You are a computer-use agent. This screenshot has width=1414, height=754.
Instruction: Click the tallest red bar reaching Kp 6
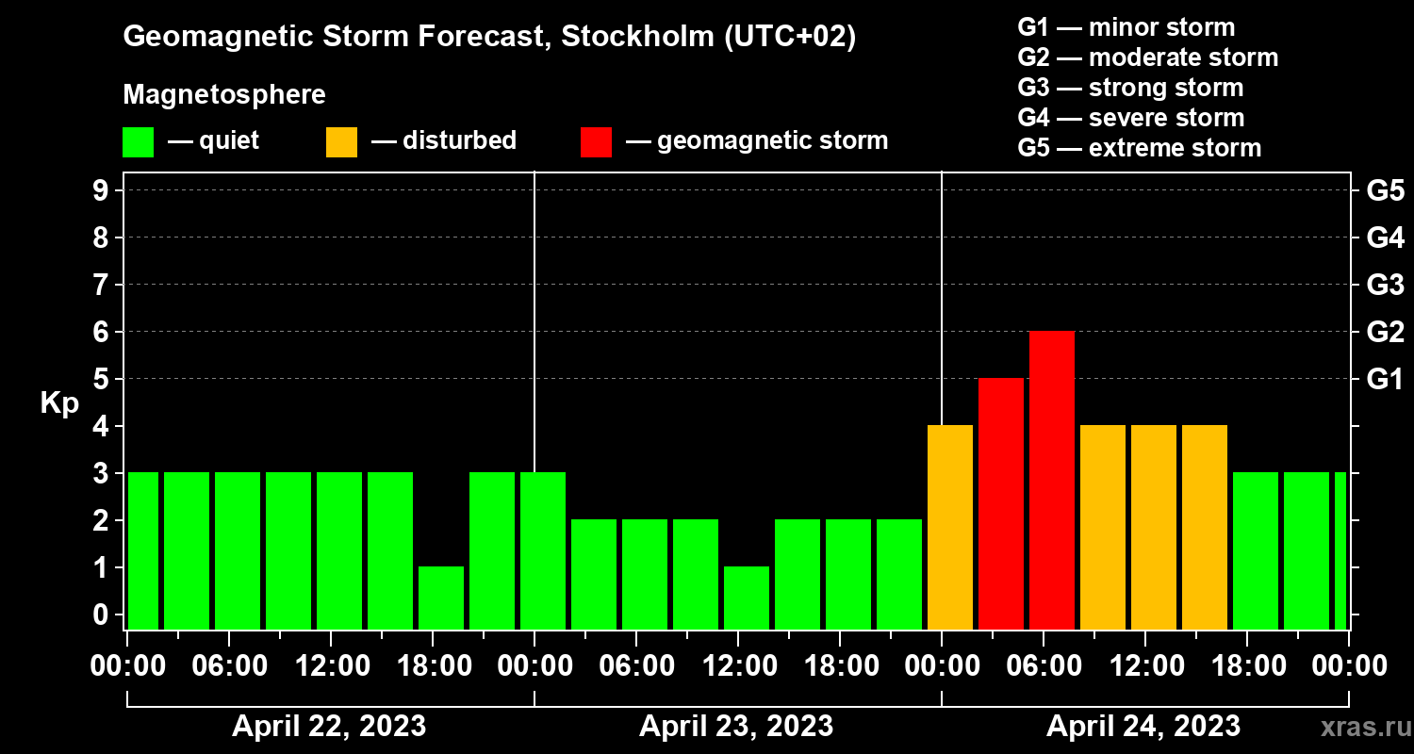(1052, 480)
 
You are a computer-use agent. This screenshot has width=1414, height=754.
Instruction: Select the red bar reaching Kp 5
(1001, 504)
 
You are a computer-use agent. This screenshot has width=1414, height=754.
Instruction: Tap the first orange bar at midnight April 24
(950, 528)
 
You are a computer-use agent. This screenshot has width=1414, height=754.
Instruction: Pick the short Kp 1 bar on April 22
(441, 598)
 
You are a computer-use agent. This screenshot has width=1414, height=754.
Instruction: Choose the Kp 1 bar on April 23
(747, 598)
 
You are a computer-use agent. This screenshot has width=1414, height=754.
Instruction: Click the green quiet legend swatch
(139, 142)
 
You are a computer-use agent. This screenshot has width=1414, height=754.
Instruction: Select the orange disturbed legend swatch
(341, 142)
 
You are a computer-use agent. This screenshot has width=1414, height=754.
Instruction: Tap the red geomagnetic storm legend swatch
(596, 142)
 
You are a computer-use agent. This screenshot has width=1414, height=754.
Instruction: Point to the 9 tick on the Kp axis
(101, 190)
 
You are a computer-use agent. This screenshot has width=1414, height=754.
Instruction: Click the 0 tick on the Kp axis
(101, 615)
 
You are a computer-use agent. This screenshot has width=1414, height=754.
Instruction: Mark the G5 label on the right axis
(1386, 190)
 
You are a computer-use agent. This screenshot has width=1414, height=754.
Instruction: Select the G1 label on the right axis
(1386, 379)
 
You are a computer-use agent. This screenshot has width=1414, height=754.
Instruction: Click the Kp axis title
(59, 403)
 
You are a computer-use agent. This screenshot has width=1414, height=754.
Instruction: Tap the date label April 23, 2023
(736, 726)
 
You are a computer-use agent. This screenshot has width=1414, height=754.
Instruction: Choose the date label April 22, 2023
(329, 726)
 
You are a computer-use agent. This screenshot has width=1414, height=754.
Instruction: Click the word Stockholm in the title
(637, 36)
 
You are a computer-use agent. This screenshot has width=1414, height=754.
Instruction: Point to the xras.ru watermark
(1366, 728)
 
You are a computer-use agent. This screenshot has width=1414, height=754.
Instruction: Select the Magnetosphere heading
(224, 94)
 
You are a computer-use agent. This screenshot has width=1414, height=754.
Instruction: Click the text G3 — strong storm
(1130, 88)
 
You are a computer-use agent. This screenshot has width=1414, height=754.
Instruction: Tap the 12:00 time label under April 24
(1146, 665)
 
